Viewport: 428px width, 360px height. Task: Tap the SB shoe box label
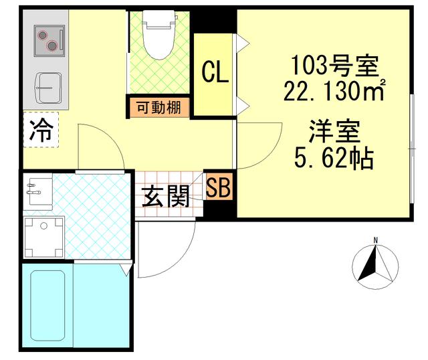pyautogui.click(x=218, y=188)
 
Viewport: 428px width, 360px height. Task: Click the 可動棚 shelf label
pyautogui.click(x=158, y=106)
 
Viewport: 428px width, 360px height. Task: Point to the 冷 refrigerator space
pyautogui.click(x=41, y=130)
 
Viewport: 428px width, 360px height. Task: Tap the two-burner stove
pyautogui.click(x=45, y=41)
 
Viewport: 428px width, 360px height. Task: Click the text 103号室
pyautogui.click(x=334, y=66)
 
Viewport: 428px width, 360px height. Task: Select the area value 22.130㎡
pyautogui.click(x=334, y=90)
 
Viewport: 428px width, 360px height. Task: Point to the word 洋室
pyautogui.click(x=334, y=131)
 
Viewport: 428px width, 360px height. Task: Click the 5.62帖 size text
pyautogui.click(x=334, y=158)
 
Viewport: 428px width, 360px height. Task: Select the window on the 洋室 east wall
pyautogui.click(x=410, y=154)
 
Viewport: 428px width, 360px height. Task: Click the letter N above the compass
pyautogui.click(x=376, y=240)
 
